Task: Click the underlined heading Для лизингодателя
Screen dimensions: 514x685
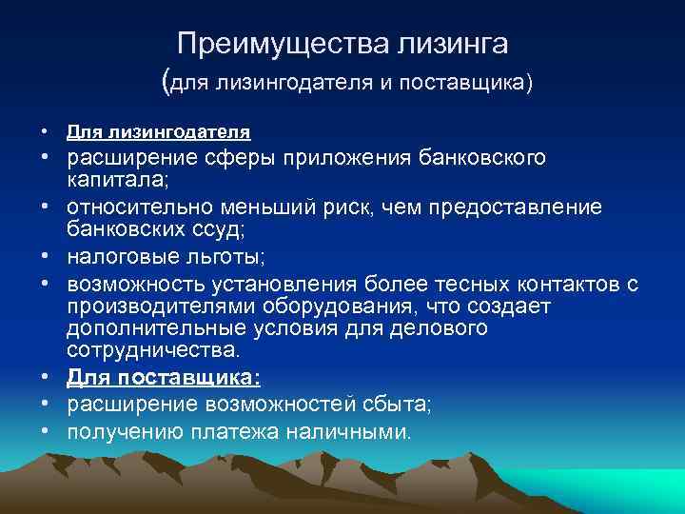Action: [x=159, y=130]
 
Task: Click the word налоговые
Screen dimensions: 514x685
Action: [x=119, y=257]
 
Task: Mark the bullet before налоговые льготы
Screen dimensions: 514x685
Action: [x=46, y=258]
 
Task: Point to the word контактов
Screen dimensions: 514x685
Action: [x=552, y=287]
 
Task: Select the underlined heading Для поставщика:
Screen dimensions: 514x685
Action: [x=163, y=379]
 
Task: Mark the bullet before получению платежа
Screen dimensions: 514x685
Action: [x=46, y=432]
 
